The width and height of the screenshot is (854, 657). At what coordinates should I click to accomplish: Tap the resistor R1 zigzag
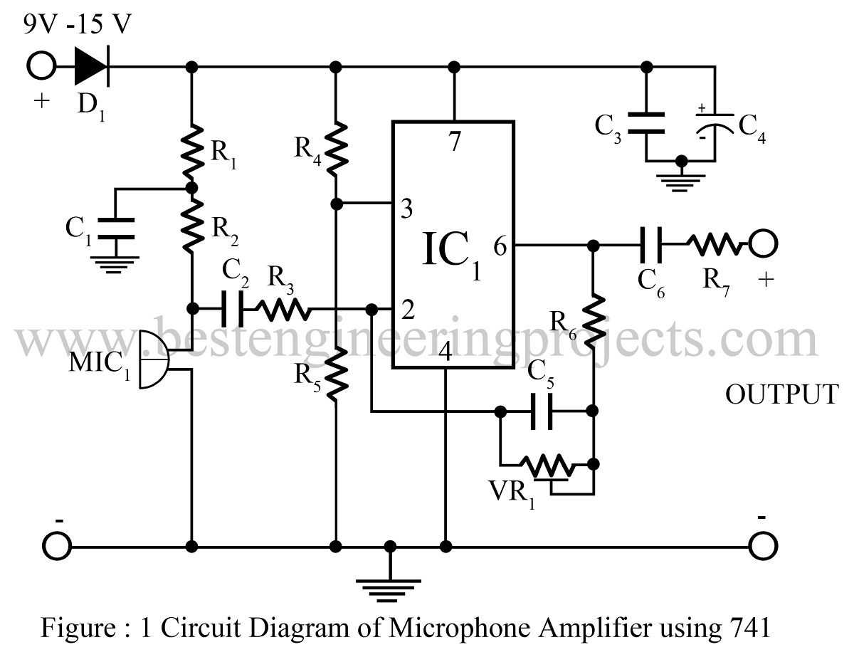click(x=191, y=150)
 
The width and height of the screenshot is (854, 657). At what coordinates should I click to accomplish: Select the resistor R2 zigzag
click(x=191, y=226)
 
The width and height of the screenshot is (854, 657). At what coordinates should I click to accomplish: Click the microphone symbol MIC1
click(x=154, y=359)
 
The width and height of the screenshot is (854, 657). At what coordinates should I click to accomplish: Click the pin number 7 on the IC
click(x=455, y=142)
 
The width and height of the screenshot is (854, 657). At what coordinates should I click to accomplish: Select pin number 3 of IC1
click(x=406, y=209)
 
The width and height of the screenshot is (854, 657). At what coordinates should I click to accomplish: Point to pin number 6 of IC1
click(x=500, y=247)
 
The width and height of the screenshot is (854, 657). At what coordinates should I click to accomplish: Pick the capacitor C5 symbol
click(x=543, y=411)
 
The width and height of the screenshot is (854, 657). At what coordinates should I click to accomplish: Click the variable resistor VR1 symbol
click(x=547, y=468)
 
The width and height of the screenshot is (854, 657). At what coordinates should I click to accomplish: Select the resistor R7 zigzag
click(x=714, y=246)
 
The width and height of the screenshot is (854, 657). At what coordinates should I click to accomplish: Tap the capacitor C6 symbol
click(x=652, y=246)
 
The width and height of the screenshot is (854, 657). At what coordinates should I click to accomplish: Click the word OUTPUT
click(x=782, y=394)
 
